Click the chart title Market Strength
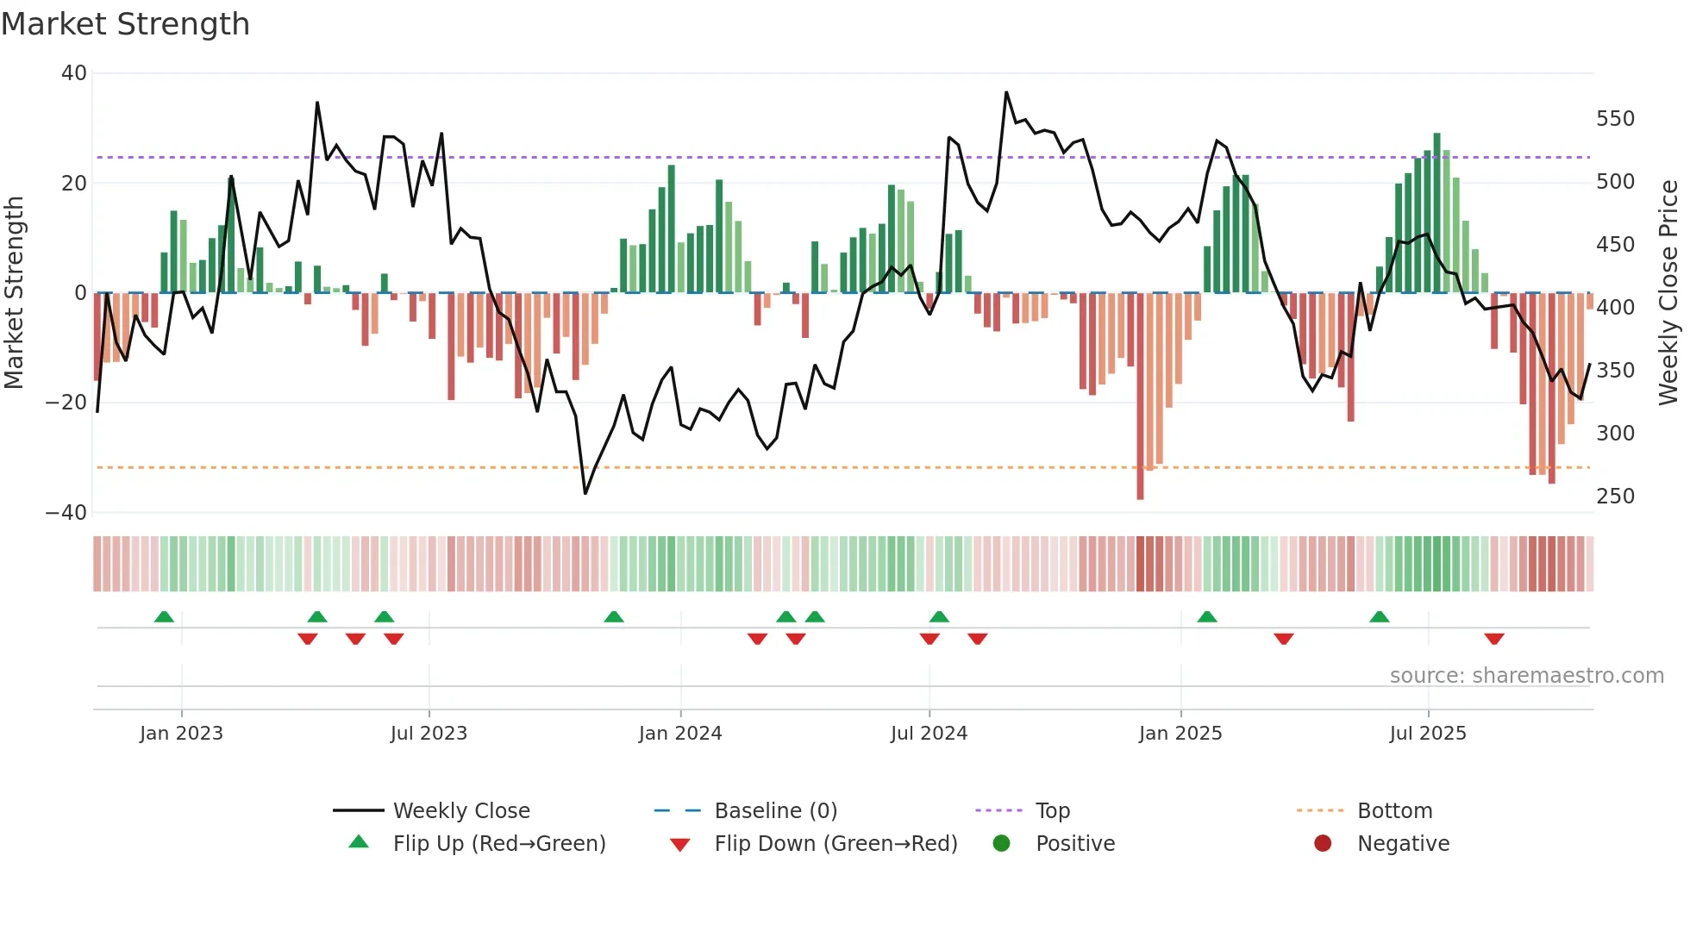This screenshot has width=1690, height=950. point(125,24)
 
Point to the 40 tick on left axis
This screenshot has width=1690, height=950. point(74,73)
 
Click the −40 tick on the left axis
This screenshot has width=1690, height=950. point(67,513)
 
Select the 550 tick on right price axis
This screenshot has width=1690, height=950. point(1615,119)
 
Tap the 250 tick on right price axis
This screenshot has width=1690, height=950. point(1615,497)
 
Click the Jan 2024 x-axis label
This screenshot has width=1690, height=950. point(680,734)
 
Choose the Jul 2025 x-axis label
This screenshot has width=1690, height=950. point(1428,734)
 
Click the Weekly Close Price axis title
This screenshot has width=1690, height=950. point(1669,293)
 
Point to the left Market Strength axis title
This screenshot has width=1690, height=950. point(15,293)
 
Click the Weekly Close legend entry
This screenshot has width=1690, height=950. point(460,811)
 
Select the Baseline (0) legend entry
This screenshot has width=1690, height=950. point(775,811)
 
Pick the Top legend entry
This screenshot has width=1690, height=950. point(1052,811)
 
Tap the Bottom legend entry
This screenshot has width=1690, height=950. point(1394,811)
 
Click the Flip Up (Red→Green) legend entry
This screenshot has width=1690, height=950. point(498,844)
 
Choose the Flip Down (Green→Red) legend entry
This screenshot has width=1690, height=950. point(835,844)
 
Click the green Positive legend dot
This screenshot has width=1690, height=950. point(1001,844)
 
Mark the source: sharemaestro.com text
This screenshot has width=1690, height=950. point(1526,676)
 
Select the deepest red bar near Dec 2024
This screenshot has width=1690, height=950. point(1140,397)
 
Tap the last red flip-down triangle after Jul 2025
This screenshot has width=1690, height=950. point(1494,639)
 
